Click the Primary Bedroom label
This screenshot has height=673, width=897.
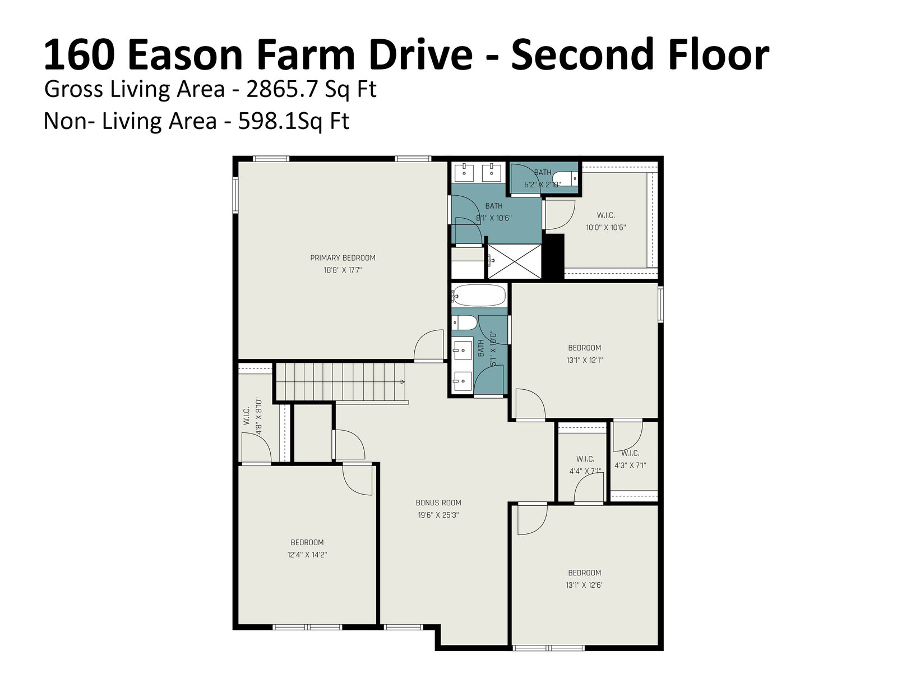pyautogui.click(x=343, y=258)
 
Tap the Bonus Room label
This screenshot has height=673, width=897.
pyautogui.click(x=438, y=503)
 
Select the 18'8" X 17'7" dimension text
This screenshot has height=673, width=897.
pyautogui.click(x=343, y=270)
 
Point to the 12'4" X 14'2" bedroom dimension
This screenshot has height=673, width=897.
pyautogui.click(x=307, y=555)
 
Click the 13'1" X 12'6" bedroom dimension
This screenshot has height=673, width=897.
pyautogui.click(x=584, y=585)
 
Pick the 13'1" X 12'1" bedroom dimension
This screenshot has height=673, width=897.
pyautogui.click(x=584, y=360)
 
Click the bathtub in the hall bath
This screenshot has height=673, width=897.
pyautogui.click(x=479, y=295)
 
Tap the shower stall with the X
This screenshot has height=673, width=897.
pyautogui.click(x=515, y=261)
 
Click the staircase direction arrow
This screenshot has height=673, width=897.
pyautogui.click(x=403, y=382)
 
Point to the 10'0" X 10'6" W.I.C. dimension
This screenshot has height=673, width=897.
pyautogui.click(x=605, y=227)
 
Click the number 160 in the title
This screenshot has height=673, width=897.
pyautogui.click(x=78, y=54)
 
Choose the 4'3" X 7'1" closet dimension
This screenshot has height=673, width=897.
pyautogui.click(x=630, y=465)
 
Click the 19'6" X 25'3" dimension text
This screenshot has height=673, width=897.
pyautogui.click(x=438, y=515)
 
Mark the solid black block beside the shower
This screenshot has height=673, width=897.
pyautogui.click(x=553, y=257)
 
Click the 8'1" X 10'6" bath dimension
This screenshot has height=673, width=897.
pyautogui.click(x=494, y=218)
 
